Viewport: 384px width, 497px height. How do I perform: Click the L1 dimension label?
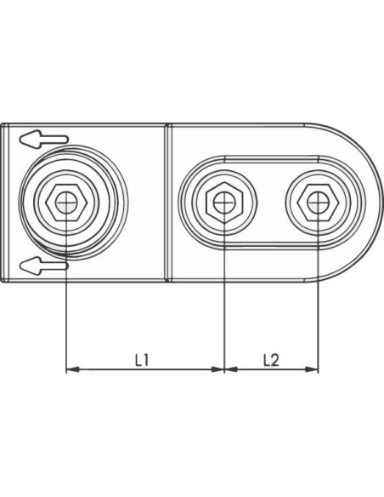point(142,360)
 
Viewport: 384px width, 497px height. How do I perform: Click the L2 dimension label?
point(271,360)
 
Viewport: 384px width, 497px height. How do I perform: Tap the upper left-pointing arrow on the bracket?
point(43,140)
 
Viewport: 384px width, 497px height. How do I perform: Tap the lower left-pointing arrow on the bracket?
point(43,266)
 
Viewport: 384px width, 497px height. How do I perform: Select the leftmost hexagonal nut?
point(65,202)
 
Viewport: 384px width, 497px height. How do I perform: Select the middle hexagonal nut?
point(224,203)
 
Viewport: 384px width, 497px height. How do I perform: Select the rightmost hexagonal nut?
point(318,203)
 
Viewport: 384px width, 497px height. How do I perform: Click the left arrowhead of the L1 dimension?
point(72,369)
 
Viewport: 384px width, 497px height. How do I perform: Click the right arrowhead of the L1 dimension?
point(217,369)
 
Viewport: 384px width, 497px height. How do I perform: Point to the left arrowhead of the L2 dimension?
point(230,369)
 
